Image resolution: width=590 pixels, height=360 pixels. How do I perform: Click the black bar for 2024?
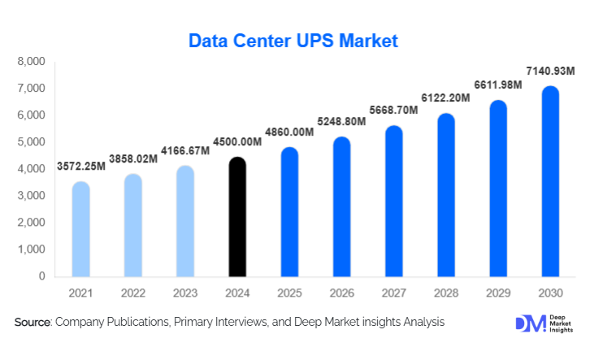coord(236,217)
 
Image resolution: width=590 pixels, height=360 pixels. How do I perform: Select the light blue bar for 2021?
coord(80,229)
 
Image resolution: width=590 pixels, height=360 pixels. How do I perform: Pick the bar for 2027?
coord(393,202)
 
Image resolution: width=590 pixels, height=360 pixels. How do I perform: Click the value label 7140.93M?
coord(550,72)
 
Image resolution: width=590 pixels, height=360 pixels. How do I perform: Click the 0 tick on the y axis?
coord(41,276)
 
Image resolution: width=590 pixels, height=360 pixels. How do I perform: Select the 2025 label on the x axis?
coord(289,292)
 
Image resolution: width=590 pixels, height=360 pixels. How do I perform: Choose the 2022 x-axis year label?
coord(132,292)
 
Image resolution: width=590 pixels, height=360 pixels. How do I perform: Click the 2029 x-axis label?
coord(498,292)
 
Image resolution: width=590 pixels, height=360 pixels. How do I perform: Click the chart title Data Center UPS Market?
coord(293,40)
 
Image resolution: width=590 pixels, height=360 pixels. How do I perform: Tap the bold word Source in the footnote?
coord(32,323)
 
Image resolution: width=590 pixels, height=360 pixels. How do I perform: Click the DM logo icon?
coord(531,323)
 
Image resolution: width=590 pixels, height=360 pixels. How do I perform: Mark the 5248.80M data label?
coord(341,121)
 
